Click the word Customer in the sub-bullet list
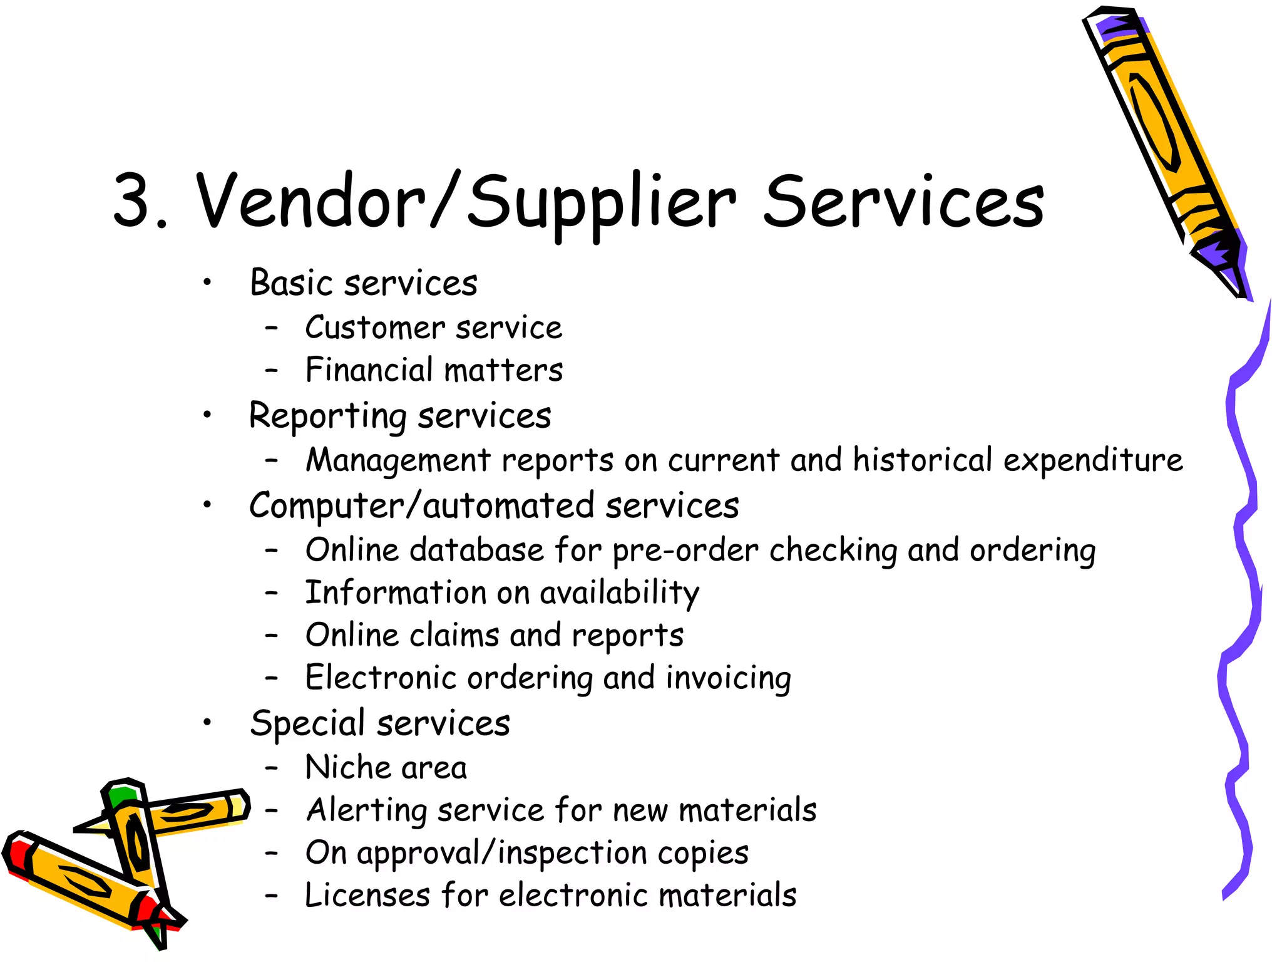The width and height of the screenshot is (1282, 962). pyautogui.click(x=375, y=328)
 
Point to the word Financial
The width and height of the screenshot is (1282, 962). pyautogui.click(x=369, y=370)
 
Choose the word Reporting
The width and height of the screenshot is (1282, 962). pyautogui.click(x=328, y=416)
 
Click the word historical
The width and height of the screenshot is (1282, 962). pyautogui.click(x=923, y=460)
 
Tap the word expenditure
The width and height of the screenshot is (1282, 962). pyautogui.click(x=1094, y=461)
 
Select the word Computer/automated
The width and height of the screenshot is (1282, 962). pyautogui.click(x=421, y=506)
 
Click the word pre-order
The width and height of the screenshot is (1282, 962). pyautogui.click(x=685, y=551)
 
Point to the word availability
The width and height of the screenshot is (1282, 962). pyautogui.click(x=620, y=593)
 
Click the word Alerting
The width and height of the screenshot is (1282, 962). pyautogui.click(x=366, y=810)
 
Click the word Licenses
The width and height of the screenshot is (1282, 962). pyautogui.click(x=367, y=895)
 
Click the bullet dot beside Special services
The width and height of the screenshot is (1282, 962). pyautogui.click(x=207, y=723)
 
